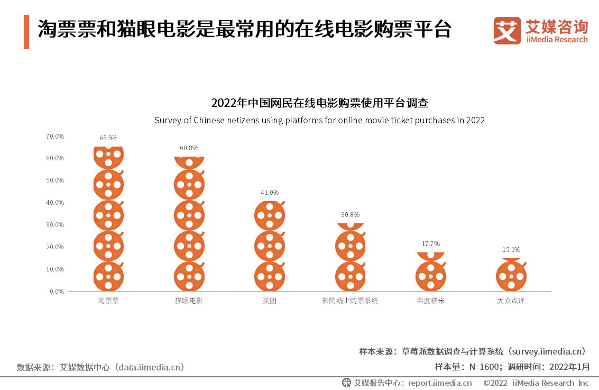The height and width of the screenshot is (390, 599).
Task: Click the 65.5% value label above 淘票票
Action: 108,138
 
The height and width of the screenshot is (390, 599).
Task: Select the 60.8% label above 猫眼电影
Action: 189,148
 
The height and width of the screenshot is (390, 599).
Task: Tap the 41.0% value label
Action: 270,193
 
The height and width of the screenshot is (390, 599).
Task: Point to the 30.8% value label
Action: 350,215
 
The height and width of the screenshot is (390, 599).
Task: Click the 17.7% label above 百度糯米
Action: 430,244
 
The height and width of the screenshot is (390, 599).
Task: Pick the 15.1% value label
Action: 511,250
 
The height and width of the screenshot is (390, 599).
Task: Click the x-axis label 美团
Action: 270,301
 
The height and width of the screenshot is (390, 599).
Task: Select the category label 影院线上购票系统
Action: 350,301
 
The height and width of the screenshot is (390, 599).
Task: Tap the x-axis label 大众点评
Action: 511,301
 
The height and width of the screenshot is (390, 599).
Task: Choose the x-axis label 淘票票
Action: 108,301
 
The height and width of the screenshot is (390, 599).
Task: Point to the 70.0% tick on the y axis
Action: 55,137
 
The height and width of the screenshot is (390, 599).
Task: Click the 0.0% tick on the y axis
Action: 57,292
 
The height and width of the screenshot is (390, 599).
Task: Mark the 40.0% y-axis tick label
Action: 55,203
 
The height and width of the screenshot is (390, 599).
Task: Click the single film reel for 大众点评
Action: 511,276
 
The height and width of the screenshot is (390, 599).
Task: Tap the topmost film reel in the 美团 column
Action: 270,215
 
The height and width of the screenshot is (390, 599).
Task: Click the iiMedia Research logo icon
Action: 507,31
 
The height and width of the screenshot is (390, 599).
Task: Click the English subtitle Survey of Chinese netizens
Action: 319,120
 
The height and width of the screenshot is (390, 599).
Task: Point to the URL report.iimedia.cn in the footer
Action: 440,383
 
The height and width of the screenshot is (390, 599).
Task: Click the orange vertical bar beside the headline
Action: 26,32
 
